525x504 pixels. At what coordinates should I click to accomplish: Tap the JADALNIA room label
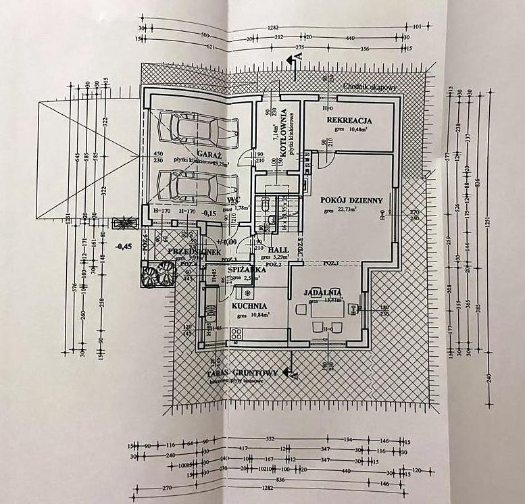click(322, 293)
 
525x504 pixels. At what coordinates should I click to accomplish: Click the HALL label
click(274, 249)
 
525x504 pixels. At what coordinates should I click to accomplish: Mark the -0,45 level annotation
click(123, 247)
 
